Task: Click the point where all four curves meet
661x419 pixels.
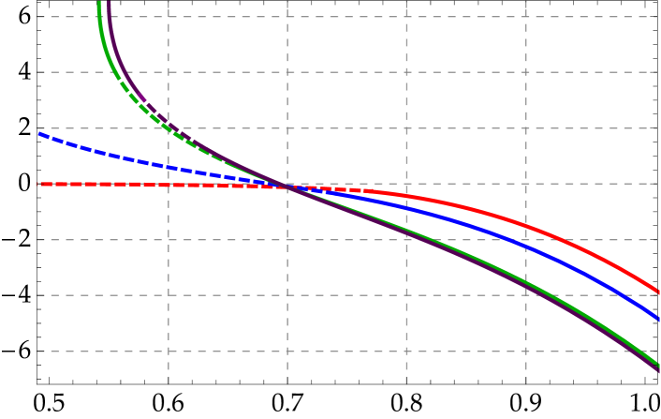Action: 287,187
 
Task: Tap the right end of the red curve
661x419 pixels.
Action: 658,292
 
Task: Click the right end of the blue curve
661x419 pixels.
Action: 658,318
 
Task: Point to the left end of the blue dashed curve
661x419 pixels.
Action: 39,134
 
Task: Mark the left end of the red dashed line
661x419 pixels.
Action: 39,184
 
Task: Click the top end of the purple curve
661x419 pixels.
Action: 109,3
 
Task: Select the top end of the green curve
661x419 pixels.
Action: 99,4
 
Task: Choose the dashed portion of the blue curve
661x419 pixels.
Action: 140,160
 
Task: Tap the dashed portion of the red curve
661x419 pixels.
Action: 140,185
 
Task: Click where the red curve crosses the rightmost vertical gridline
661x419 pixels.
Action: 525,226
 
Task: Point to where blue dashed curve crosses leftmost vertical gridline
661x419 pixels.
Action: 169,167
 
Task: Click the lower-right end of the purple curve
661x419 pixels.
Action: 658,372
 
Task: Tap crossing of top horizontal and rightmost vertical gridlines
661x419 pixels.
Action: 525,17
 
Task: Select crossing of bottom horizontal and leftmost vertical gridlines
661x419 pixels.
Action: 169,352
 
